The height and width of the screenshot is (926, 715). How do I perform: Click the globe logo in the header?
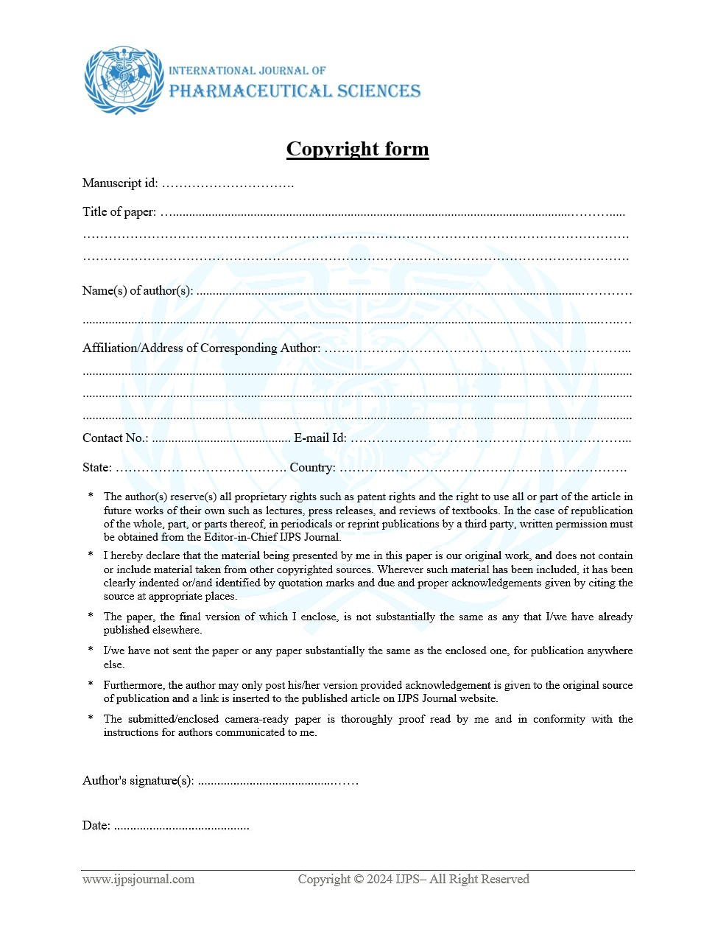pyautogui.click(x=124, y=80)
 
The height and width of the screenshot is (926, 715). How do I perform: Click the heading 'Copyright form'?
pyautogui.click(x=357, y=149)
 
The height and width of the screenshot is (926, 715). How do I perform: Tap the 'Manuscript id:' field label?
pyautogui.click(x=120, y=183)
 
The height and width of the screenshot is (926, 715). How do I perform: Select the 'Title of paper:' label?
pyautogui.click(x=119, y=212)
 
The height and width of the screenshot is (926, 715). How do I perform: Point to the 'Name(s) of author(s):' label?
pyautogui.click(x=138, y=291)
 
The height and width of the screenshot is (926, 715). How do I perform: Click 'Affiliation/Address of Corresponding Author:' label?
pyautogui.click(x=201, y=348)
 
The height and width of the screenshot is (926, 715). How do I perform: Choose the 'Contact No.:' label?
pyautogui.click(x=115, y=438)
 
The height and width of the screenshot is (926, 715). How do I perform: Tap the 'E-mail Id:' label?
pyautogui.click(x=320, y=438)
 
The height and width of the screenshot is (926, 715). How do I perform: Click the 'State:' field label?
pyautogui.click(x=97, y=468)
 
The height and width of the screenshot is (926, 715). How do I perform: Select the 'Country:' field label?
pyautogui.click(x=312, y=468)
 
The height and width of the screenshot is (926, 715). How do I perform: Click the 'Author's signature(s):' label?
pyautogui.click(x=138, y=781)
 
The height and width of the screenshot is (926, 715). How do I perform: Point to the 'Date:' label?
pyautogui.click(x=96, y=826)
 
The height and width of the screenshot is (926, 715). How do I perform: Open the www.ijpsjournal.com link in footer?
pyautogui.click(x=138, y=880)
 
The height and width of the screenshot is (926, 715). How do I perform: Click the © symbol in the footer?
pyautogui.click(x=359, y=880)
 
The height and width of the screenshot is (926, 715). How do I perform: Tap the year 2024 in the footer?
pyautogui.click(x=379, y=880)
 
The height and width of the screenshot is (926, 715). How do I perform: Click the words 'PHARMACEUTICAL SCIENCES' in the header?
pyautogui.click(x=295, y=91)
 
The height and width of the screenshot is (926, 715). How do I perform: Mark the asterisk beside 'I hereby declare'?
pyautogui.click(x=91, y=555)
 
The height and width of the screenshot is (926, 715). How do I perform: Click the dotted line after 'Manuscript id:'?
pyautogui.click(x=228, y=184)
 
